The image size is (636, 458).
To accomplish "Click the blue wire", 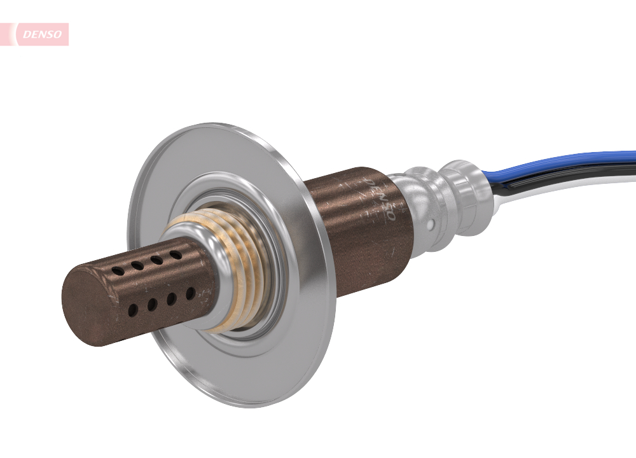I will point(560,162).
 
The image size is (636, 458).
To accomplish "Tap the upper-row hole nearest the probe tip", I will point(118,271).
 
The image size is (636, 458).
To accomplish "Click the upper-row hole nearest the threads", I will point(174,255).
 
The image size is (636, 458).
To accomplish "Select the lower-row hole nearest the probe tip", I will point(133,310).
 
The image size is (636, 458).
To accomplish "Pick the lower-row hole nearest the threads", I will point(190,293).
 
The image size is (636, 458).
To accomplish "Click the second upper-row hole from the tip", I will point(137,265).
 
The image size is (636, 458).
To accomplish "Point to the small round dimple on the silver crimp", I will point(432,225).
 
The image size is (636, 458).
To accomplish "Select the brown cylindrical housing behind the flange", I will point(356,229).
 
